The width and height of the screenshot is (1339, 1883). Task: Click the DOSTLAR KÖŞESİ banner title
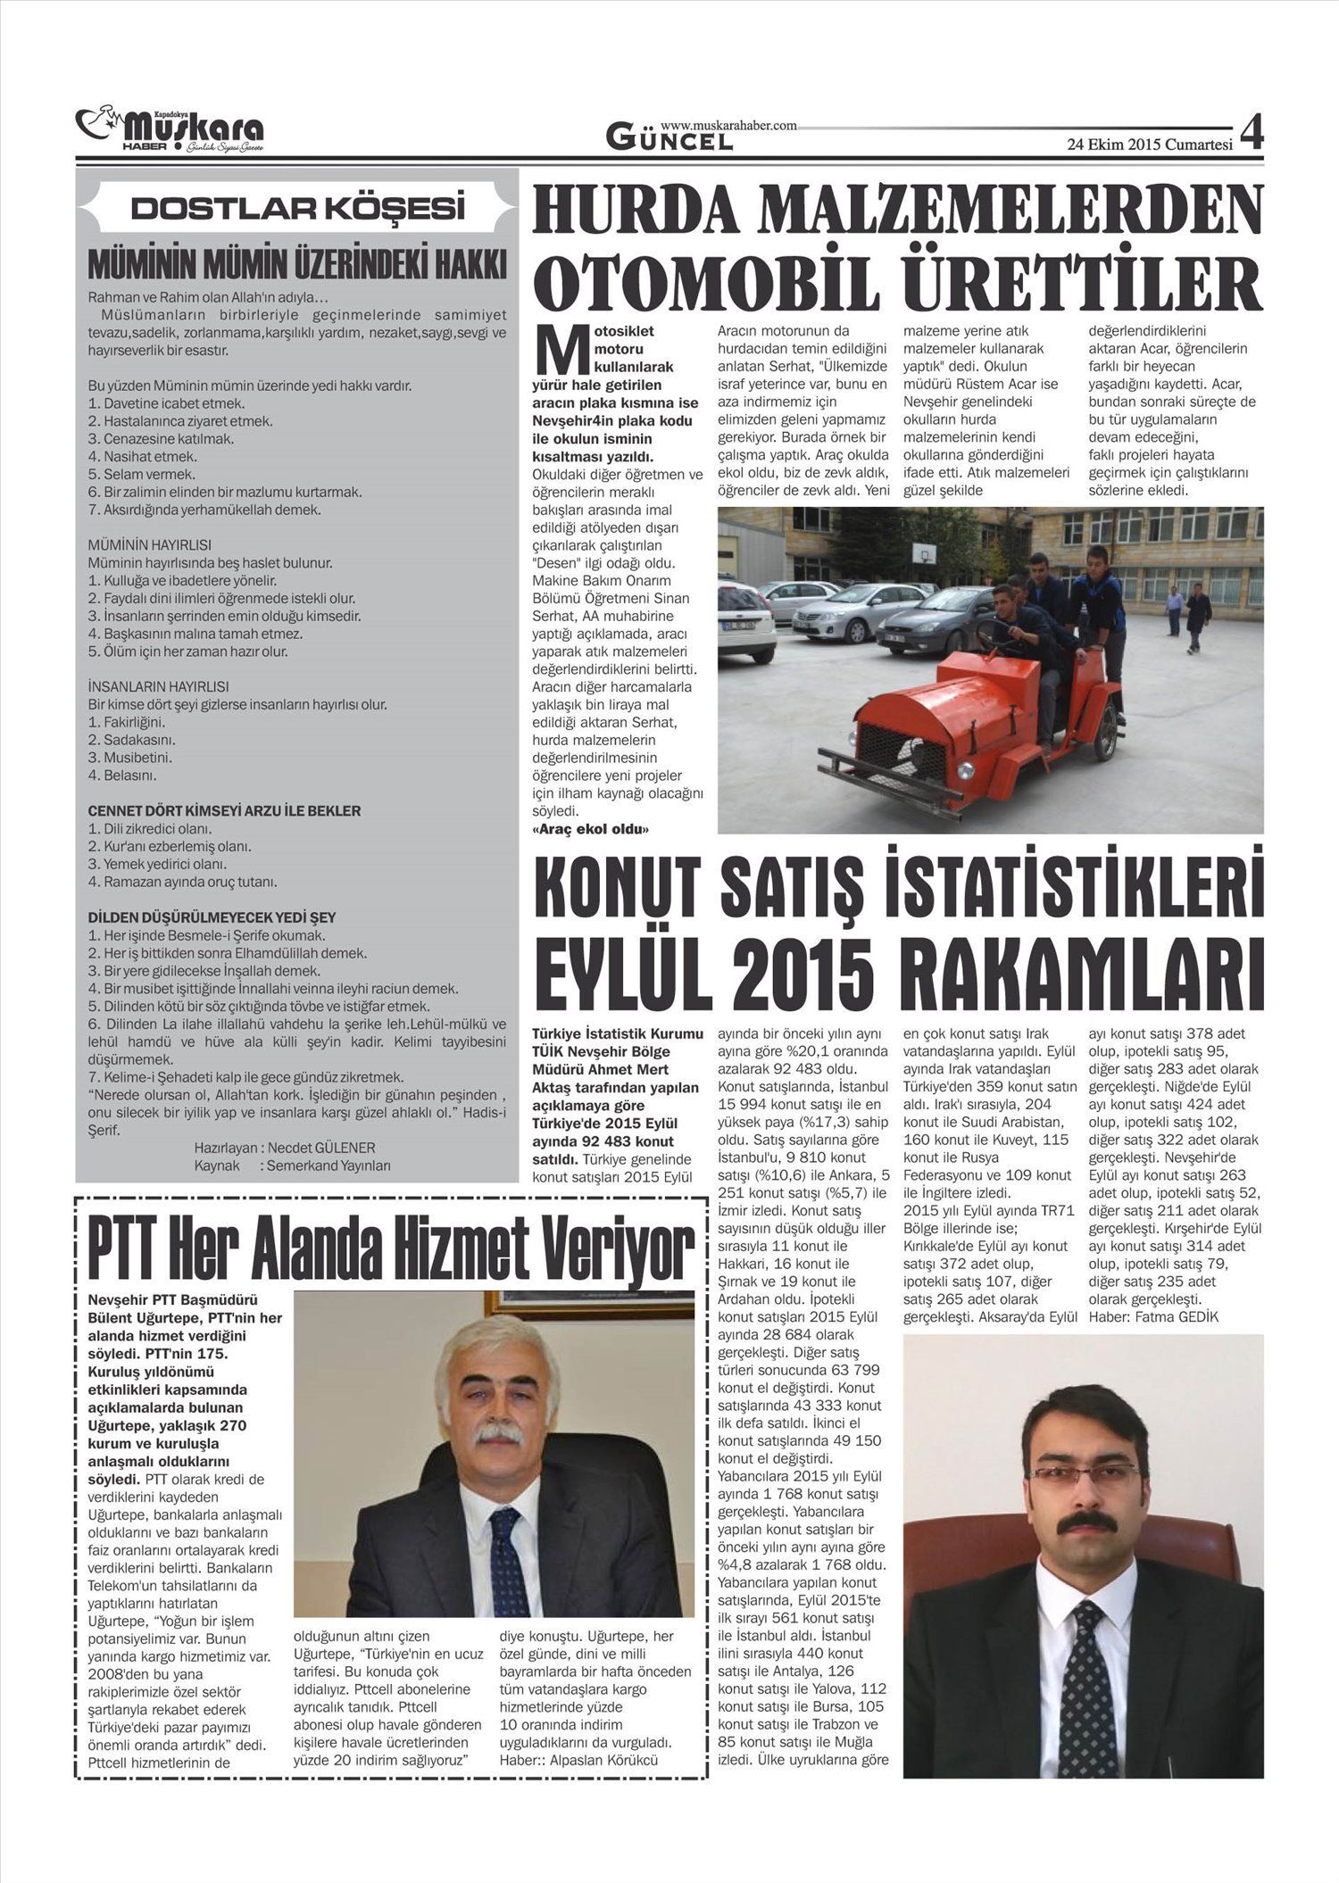pyautogui.click(x=298, y=208)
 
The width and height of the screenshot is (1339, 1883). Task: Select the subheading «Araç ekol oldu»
pyautogui.click(x=590, y=829)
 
